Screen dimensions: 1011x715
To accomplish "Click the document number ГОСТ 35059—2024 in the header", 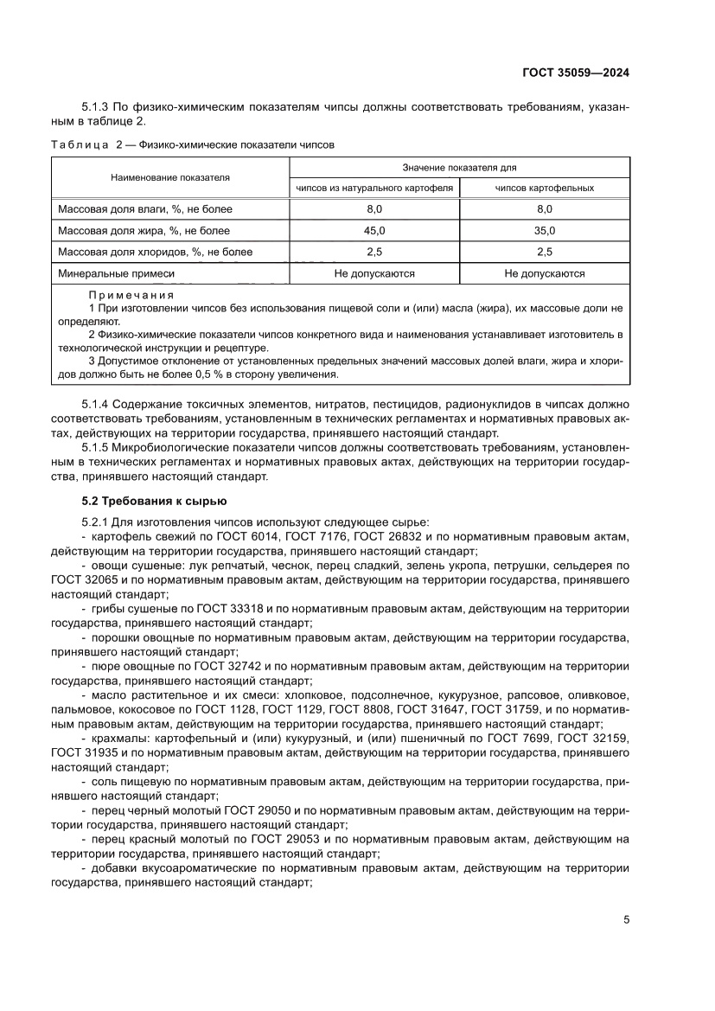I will tap(575, 73).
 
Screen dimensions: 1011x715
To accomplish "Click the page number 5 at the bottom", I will tap(625, 919).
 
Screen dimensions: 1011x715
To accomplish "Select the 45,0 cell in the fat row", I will tap(374, 230).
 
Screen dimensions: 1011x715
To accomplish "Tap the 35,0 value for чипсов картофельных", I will tap(545, 230).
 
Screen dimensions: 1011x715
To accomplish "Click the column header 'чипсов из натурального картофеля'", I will tap(374, 188).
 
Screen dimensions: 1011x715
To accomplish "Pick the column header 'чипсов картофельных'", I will tap(545, 188).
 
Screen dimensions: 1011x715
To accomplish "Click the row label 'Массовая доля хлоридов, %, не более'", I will tap(155, 252).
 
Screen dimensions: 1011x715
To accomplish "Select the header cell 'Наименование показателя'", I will tap(169, 177).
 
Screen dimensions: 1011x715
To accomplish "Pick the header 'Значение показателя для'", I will tap(459, 167).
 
